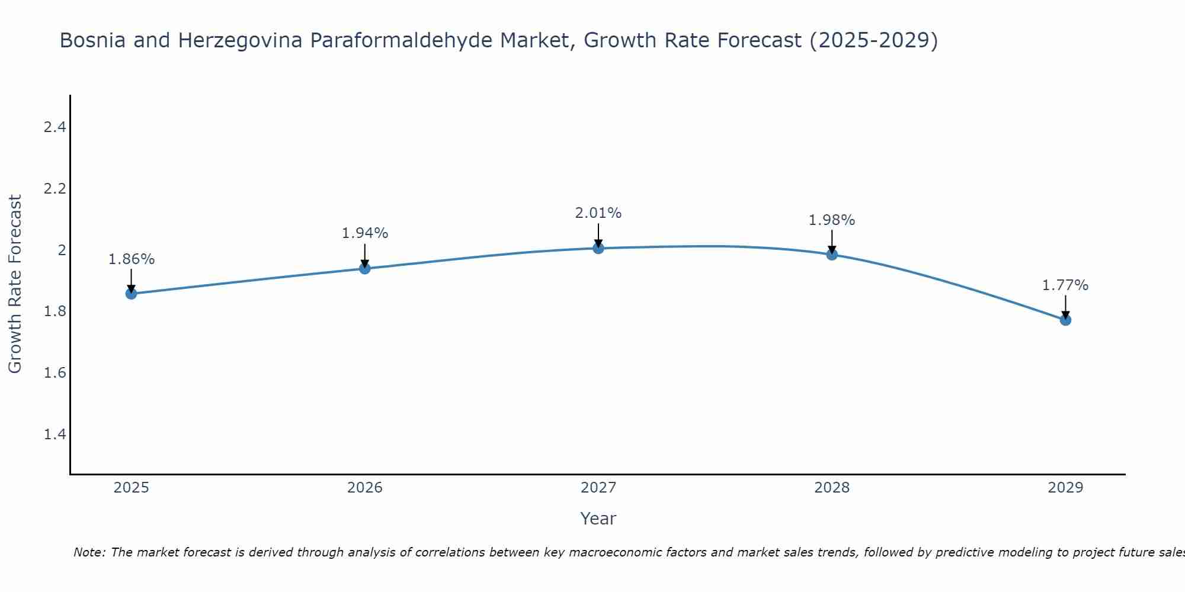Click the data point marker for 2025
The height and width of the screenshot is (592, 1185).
(x=131, y=294)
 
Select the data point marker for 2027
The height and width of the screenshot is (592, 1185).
(x=598, y=248)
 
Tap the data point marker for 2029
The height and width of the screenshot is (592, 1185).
(x=1065, y=320)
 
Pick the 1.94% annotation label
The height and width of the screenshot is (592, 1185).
(x=364, y=233)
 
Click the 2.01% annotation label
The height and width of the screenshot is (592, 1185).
(x=598, y=213)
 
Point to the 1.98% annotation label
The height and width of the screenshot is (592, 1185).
(x=832, y=220)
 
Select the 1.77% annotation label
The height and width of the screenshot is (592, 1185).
(x=1065, y=285)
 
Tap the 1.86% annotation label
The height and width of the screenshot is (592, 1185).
(x=131, y=259)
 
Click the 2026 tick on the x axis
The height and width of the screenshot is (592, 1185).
(x=364, y=488)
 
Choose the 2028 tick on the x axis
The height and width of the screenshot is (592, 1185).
(x=832, y=488)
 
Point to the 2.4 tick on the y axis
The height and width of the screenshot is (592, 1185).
(x=55, y=127)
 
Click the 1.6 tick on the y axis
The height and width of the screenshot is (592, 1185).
(x=55, y=373)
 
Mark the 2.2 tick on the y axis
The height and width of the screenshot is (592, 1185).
(x=55, y=188)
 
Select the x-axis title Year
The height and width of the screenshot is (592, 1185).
(x=598, y=519)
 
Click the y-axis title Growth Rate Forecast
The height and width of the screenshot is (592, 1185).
(x=15, y=284)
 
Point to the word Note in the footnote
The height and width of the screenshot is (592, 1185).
(x=89, y=552)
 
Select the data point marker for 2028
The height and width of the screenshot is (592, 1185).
(x=832, y=255)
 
